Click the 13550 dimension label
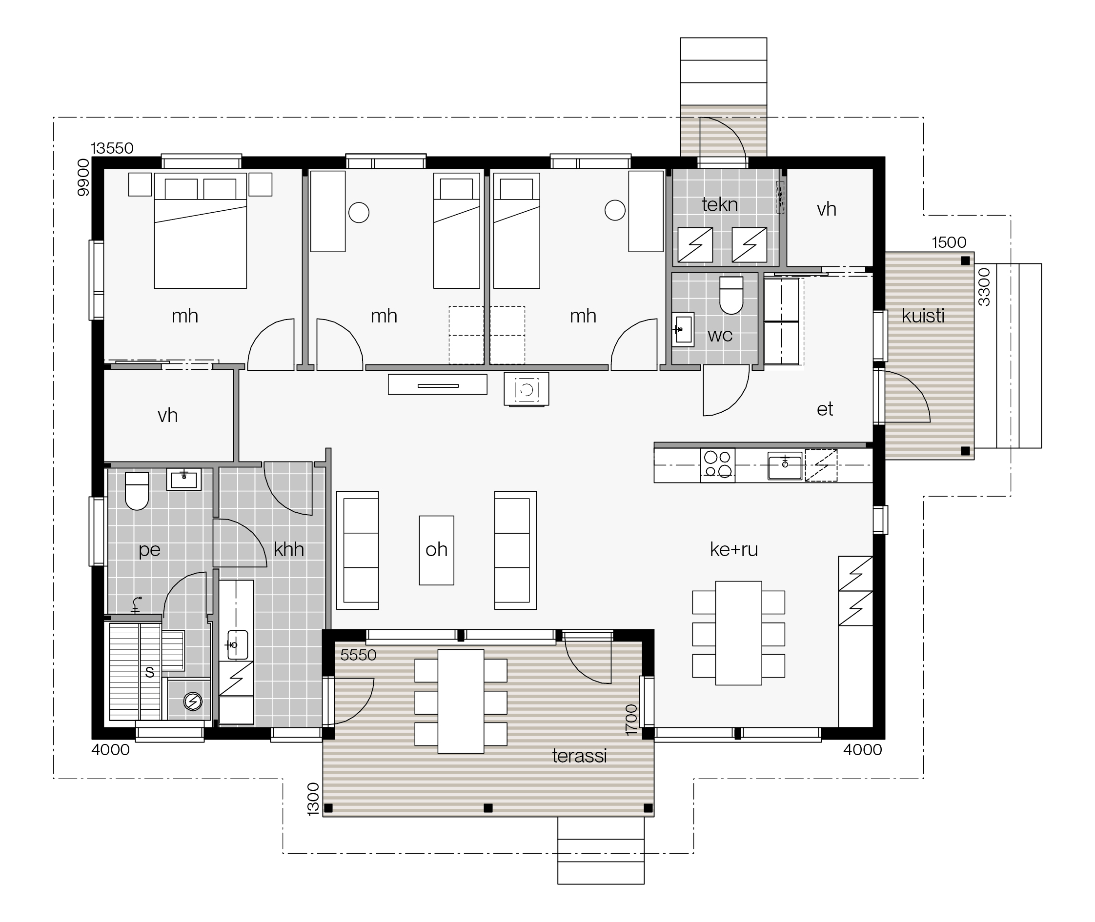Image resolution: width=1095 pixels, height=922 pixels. (x=112, y=148)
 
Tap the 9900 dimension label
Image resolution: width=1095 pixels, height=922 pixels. (x=83, y=178)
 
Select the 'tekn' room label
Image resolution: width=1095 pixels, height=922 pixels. (x=720, y=204)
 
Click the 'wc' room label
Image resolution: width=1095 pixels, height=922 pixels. (x=720, y=336)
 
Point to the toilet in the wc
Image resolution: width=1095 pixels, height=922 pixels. (x=731, y=295)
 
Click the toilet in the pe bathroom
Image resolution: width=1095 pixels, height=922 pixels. (x=137, y=491)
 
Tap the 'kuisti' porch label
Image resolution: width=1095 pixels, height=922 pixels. (x=923, y=316)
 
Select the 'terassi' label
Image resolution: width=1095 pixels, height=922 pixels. (x=579, y=756)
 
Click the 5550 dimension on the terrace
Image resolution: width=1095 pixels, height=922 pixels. (x=358, y=655)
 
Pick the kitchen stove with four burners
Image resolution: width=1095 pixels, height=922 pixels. (x=717, y=464)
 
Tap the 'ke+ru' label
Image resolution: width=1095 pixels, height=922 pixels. (x=734, y=549)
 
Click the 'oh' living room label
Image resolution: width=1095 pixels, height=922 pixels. (x=436, y=549)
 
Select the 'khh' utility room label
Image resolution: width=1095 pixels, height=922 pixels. (x=289, y=549)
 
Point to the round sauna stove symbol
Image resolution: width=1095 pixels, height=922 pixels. (x=193, y=702)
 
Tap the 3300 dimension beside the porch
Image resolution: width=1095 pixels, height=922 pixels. (x=984, y=287)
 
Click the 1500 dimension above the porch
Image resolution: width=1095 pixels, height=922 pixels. (x=949, y=242)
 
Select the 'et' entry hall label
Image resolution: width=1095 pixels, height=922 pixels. (x=825, y=409)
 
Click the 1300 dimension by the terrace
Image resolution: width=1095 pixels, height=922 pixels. (x=313, y=799)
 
